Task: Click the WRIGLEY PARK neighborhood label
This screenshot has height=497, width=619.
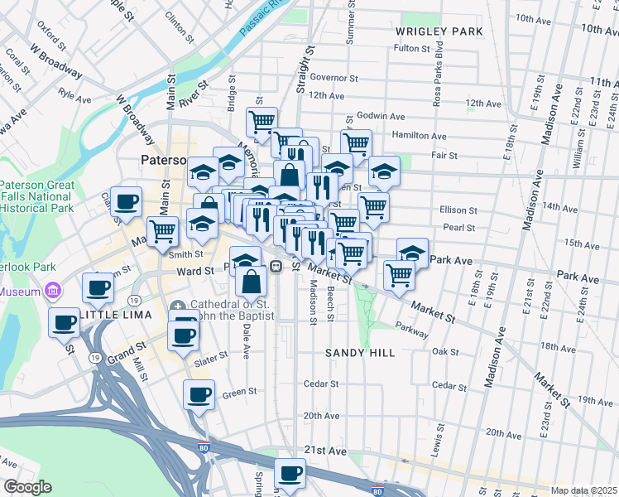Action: [x=439, y=31]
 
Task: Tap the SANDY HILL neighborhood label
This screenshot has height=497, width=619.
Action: [x=359, y=353]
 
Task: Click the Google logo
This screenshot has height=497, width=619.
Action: [x=26, y=488]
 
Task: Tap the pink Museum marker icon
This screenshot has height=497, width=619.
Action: [x=55, y=291]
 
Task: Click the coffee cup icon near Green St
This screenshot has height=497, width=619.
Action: [x=199, y=395]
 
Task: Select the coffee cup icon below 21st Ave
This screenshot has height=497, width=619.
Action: [x=290, y=474]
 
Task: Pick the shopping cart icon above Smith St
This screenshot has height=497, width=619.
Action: [x=163, y=231]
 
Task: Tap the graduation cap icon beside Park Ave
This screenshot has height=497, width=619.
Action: [x=413, y=253]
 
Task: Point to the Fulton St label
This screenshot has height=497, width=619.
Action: [x=411, y=48]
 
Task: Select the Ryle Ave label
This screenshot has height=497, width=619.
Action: [x=74, y=96]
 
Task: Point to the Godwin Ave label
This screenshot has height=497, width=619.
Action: [x=381, y=117]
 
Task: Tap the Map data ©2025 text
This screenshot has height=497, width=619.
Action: [x=583, y=490]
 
